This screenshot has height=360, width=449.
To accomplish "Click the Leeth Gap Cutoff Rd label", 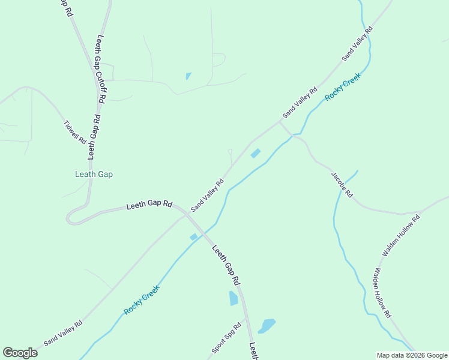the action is pos(100,70).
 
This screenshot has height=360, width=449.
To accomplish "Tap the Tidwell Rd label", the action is pos(75,131).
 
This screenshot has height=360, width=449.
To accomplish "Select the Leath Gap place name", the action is pos(94,175).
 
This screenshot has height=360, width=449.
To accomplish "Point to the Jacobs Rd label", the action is pos(342,185).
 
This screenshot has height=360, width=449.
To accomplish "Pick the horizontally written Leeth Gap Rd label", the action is pos(149,205).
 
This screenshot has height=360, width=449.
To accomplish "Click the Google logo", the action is pos(20,353).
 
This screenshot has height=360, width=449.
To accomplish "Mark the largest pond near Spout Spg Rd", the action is pos(267,326).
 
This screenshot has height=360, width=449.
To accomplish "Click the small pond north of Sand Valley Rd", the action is pos(188,76).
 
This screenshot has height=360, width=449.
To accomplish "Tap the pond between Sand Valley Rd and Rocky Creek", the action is pos(255,154).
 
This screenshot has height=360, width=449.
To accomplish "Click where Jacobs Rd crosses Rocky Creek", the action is pos(292,136).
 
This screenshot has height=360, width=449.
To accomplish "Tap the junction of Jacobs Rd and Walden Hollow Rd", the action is pos(418,213).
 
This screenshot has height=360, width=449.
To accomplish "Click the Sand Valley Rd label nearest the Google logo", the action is pos(63,332).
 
